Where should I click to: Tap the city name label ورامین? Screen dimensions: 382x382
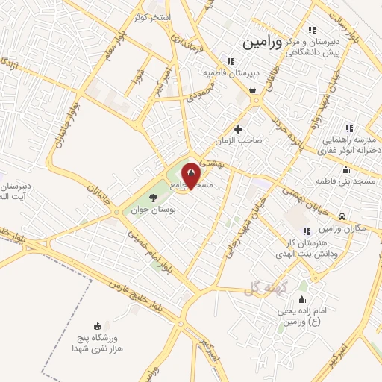click(263, 43)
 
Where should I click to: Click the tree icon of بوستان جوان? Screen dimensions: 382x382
click(153, 198)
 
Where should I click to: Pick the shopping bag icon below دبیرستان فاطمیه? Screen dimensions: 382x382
click(254, 90)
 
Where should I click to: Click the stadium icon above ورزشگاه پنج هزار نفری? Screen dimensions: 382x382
click(97, 326)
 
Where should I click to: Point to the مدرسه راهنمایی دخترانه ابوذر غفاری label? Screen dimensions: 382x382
click(351, 144)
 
